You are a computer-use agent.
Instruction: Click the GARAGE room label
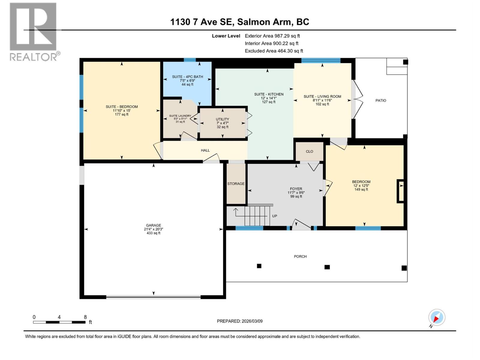tap(153, 225)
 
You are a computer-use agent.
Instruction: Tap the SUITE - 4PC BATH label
tap(187, 77)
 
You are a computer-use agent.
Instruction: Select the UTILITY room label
tap(222, 119)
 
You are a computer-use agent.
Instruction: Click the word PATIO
tap(381, 100)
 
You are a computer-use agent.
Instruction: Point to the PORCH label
tap(300, 256)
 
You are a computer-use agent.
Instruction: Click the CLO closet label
tap(309, 151)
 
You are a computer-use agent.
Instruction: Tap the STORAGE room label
tap(236, 184)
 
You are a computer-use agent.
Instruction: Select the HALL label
tap(205, 150)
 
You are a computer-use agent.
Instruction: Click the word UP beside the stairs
tap(274, 216)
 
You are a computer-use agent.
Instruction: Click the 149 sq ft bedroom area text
tap(361, 190)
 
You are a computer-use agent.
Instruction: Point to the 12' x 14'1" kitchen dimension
tap(268, 98)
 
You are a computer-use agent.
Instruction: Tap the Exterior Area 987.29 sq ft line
tap(272, 36)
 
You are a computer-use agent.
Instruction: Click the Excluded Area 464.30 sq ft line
tap(274, 51)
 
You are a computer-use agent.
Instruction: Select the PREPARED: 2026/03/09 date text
tap(240, 321)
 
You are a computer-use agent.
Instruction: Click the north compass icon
tap(436, 317)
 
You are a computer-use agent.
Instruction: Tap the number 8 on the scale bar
tap(85, 317)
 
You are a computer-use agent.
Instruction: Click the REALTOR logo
tap(34, 31)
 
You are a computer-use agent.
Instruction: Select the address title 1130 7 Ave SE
tap(239, 22)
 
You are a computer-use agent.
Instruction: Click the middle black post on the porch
tap(327, 267)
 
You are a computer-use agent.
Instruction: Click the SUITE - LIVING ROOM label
tap(322, 97)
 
